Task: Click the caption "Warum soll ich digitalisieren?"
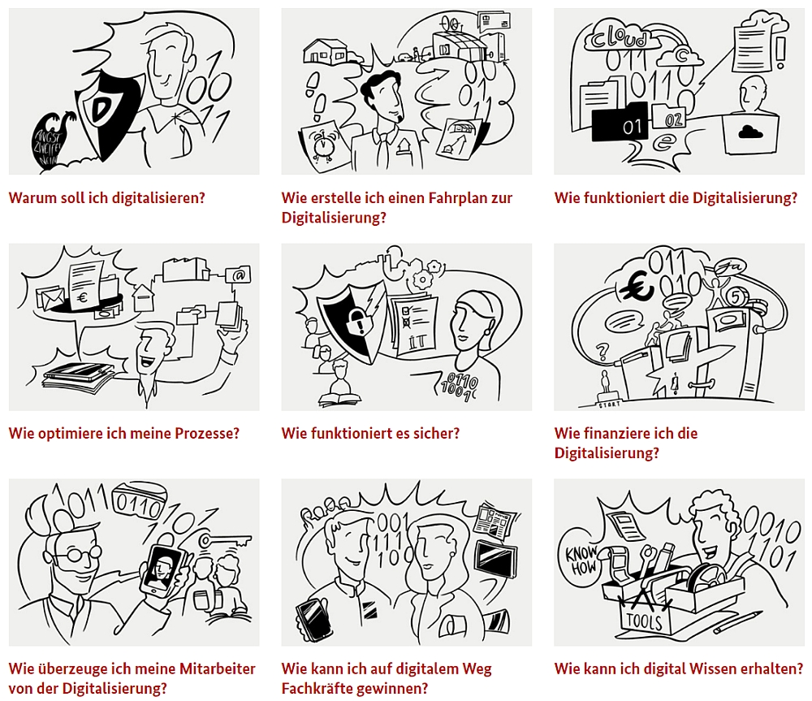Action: [x=107, y=198]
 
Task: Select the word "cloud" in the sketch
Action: [x=619, y=37]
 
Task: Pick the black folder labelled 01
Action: [x=620, y=123]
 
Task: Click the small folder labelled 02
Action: [x=669, y=117]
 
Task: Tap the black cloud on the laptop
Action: [x=750, y=132]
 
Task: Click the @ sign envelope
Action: [x=238, y=275]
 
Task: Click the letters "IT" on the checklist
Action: [x=417, y=341]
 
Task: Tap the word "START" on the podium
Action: [x=610, y=405]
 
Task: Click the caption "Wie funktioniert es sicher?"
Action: [x=370, y=433]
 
